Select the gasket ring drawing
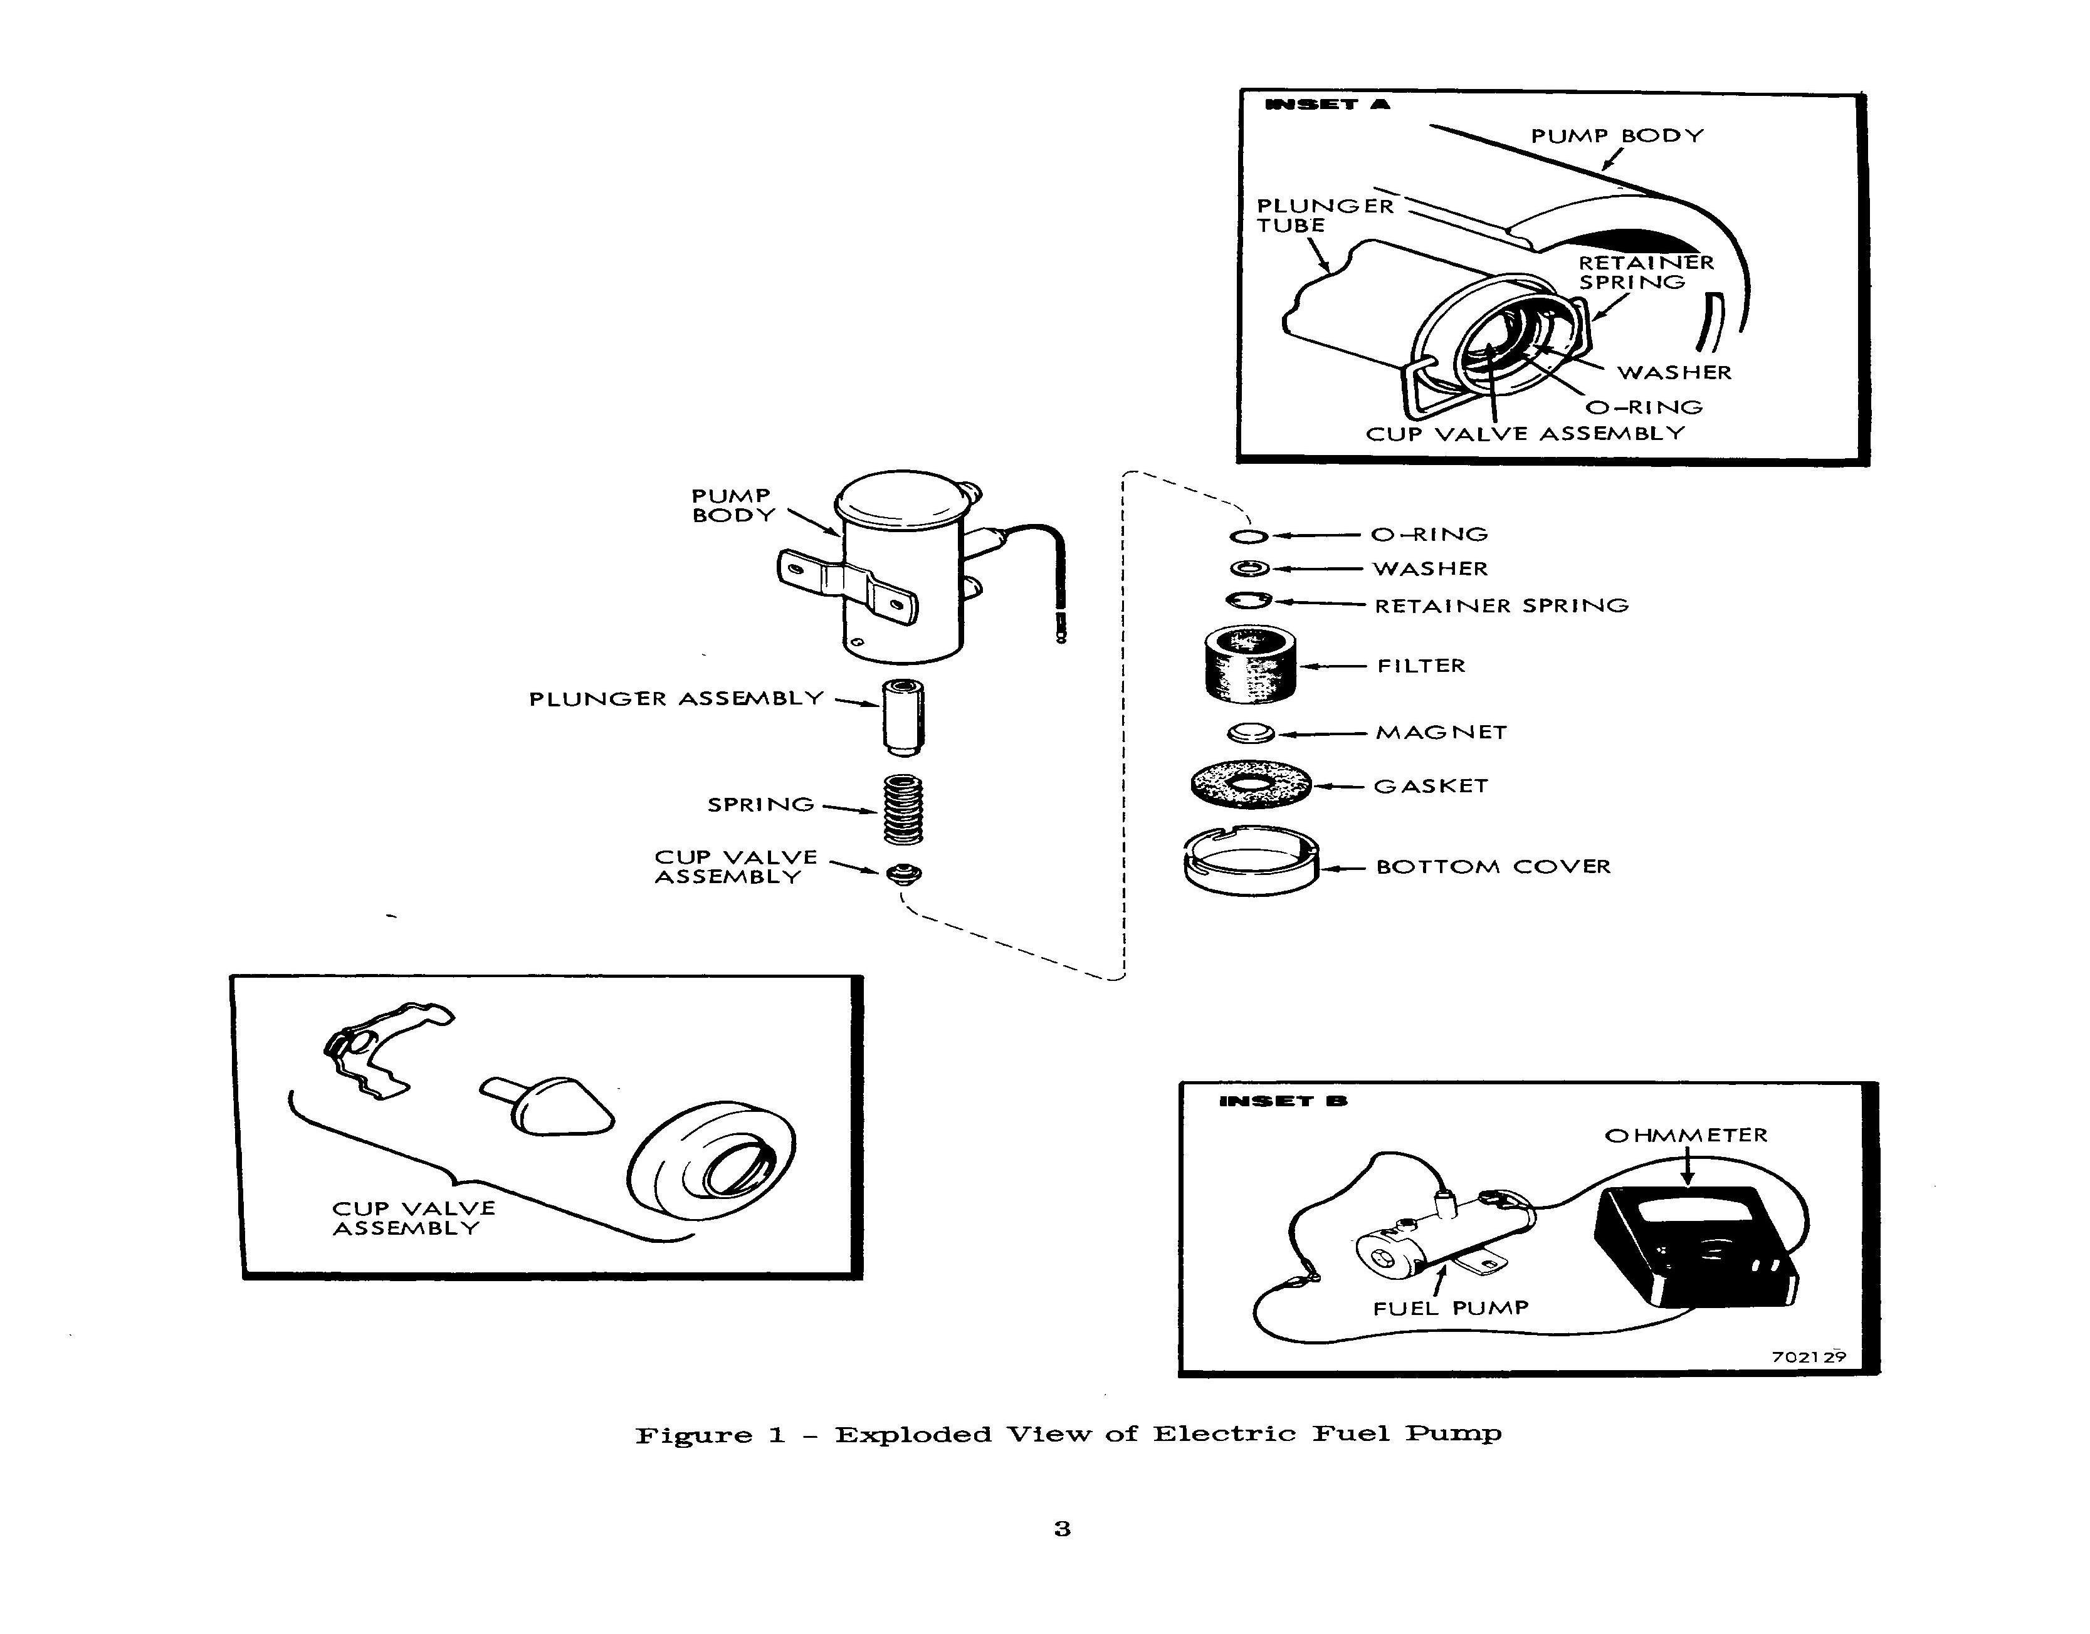coord(1251,785)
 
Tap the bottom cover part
coord(1251,861)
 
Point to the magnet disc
coord(1251,733)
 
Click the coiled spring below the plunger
coord(903,809)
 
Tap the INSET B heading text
coord(1283,1101)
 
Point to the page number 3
coord(1062,1529)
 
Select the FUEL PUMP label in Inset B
coord(1450,1308)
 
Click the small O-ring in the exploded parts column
coord(1249,536)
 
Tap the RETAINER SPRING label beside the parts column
coord(1501,605)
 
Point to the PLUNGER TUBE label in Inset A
coord(1325,215)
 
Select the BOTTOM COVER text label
coord(1493,867)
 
